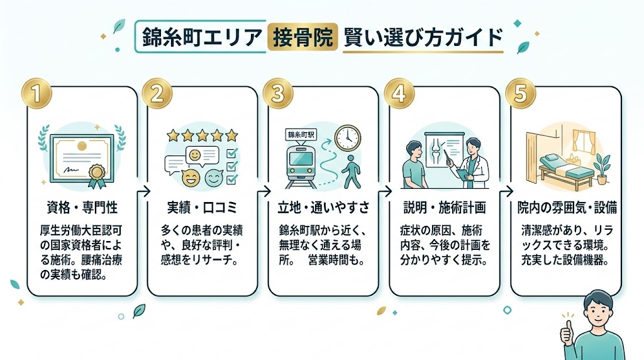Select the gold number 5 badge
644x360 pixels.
coord(522,94)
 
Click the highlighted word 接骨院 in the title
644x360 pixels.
coord(301,38)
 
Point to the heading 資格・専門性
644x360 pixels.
coord(82,208)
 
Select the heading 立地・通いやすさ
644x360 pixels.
coord(323,208)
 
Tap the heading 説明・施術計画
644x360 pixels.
coord(444,208)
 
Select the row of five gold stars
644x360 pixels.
coord(203,135)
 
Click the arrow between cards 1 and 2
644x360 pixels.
coord(143,191)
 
